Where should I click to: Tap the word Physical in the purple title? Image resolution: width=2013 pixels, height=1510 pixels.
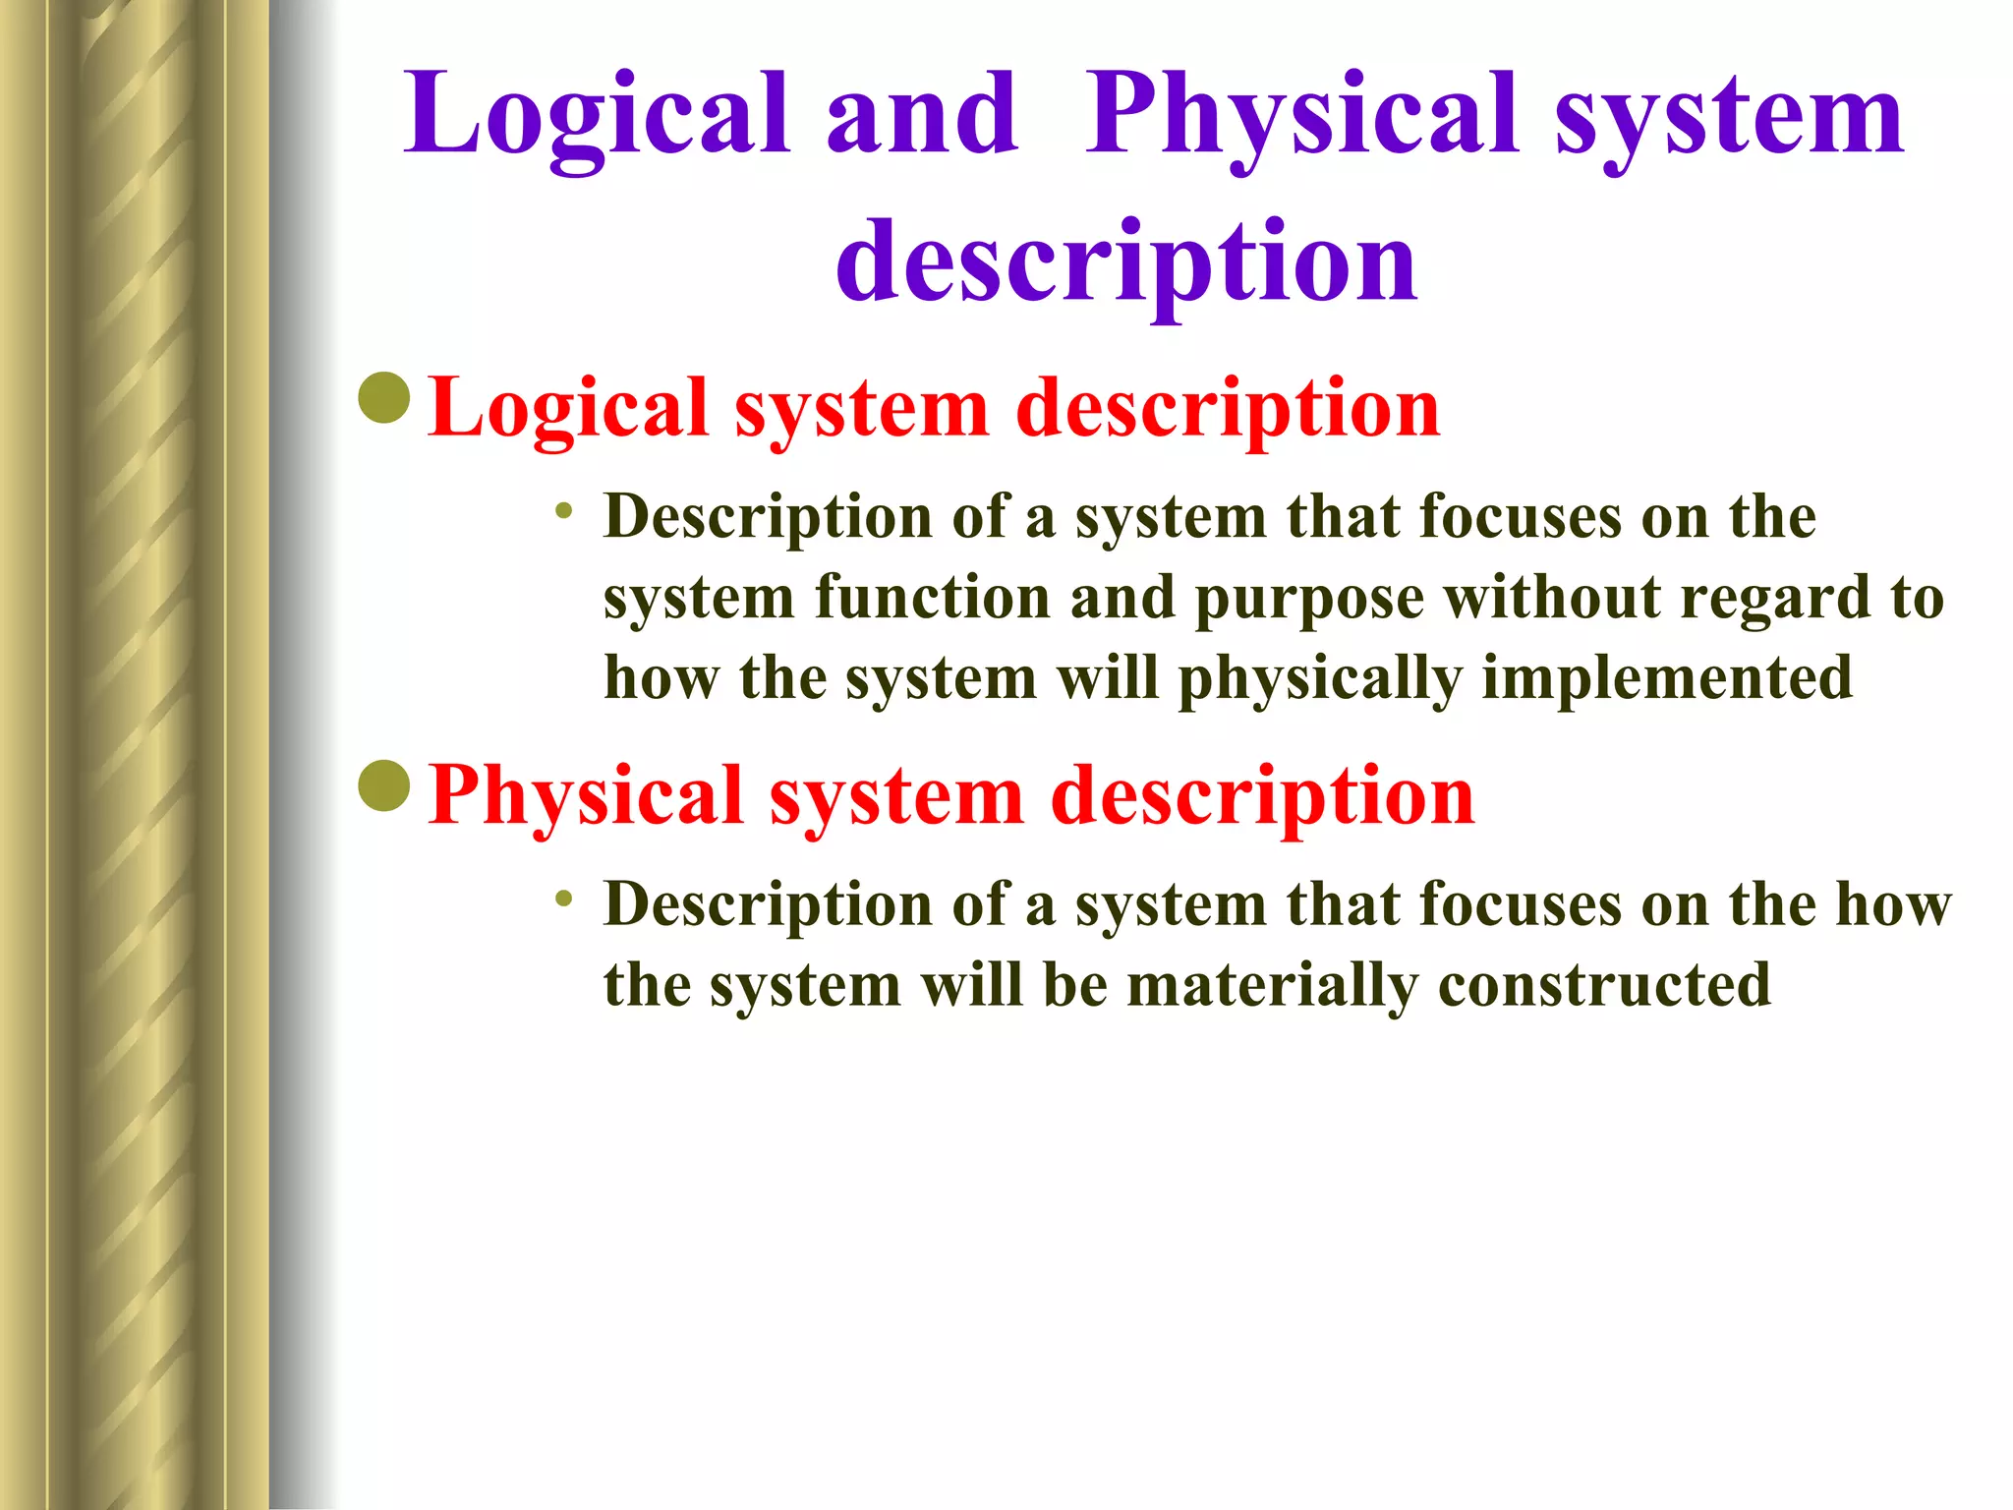tap(1302, 116)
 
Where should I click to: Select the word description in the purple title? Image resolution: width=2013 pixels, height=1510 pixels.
tap(1126, 261)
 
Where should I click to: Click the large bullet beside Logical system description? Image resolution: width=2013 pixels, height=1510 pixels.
tap(384, 398)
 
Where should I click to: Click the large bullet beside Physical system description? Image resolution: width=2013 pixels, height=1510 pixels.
tap(384, 785)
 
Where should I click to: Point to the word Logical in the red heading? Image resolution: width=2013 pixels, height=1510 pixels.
tap(568, 409)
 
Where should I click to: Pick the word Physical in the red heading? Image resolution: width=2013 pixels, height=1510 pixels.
tap(585, 796)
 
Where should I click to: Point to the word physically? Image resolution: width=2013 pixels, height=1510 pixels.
tap(1319, 679)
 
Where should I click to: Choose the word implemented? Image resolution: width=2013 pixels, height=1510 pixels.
tap(1666, 679)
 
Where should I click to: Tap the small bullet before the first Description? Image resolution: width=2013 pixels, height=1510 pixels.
tap(563, 510)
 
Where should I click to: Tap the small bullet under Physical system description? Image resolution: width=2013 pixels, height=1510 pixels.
tap(563, 898)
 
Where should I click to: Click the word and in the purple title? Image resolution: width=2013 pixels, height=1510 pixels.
tap(921, 116)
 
